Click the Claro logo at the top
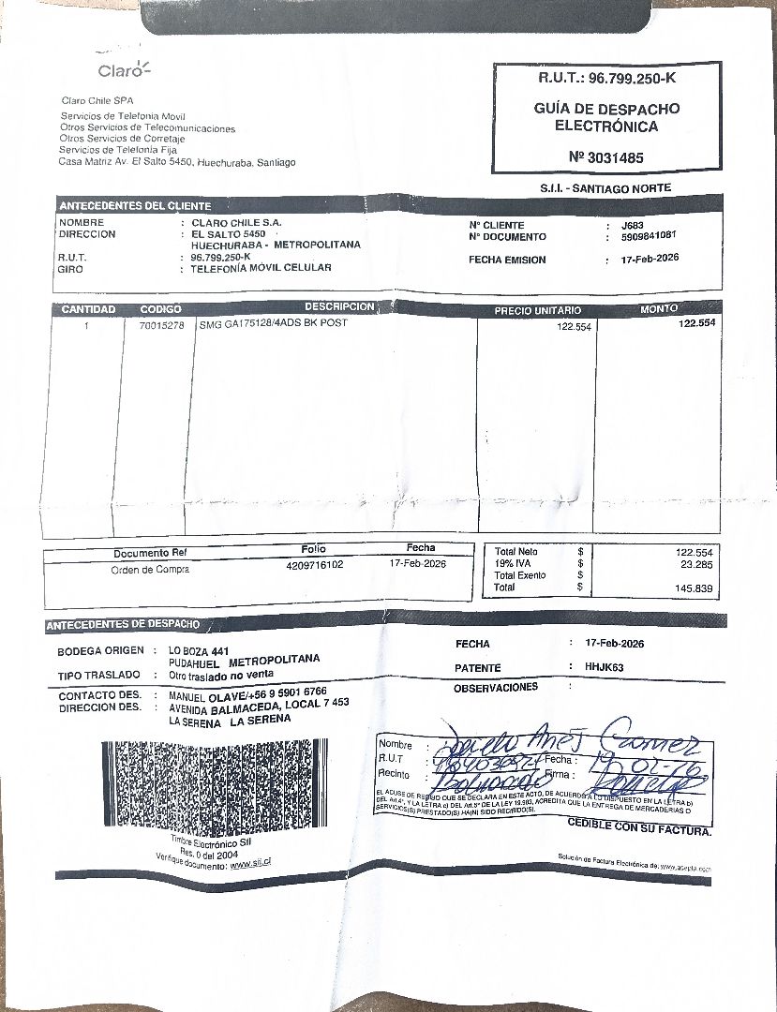point(122,69)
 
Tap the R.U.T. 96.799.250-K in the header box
point(606,78)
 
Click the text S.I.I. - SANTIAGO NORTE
point(605,188)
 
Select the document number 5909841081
point(650,237)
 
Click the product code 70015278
point(161,325)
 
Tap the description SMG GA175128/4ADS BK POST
point(273,324)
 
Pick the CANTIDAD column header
point(88,309)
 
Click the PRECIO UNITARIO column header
point(537,310)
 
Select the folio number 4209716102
point(315,565)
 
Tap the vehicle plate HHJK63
point(604,667)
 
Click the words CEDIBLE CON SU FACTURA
point(639,827)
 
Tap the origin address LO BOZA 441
point(199,649)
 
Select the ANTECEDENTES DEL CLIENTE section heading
point(135,205)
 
